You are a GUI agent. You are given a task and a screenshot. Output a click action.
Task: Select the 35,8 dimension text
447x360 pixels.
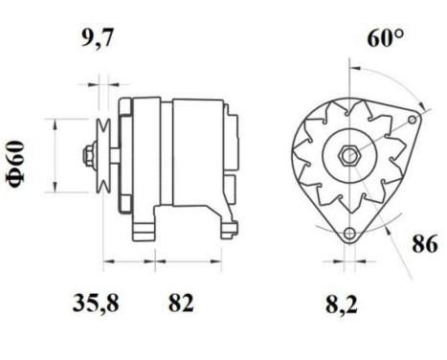[x=100, y=304]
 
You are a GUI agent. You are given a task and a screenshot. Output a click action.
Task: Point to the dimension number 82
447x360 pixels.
[x=181, y=304]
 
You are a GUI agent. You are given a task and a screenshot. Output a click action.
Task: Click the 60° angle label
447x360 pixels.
[x=384, y=39]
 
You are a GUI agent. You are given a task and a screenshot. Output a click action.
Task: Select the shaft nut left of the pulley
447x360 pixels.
[x=88, y=153]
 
